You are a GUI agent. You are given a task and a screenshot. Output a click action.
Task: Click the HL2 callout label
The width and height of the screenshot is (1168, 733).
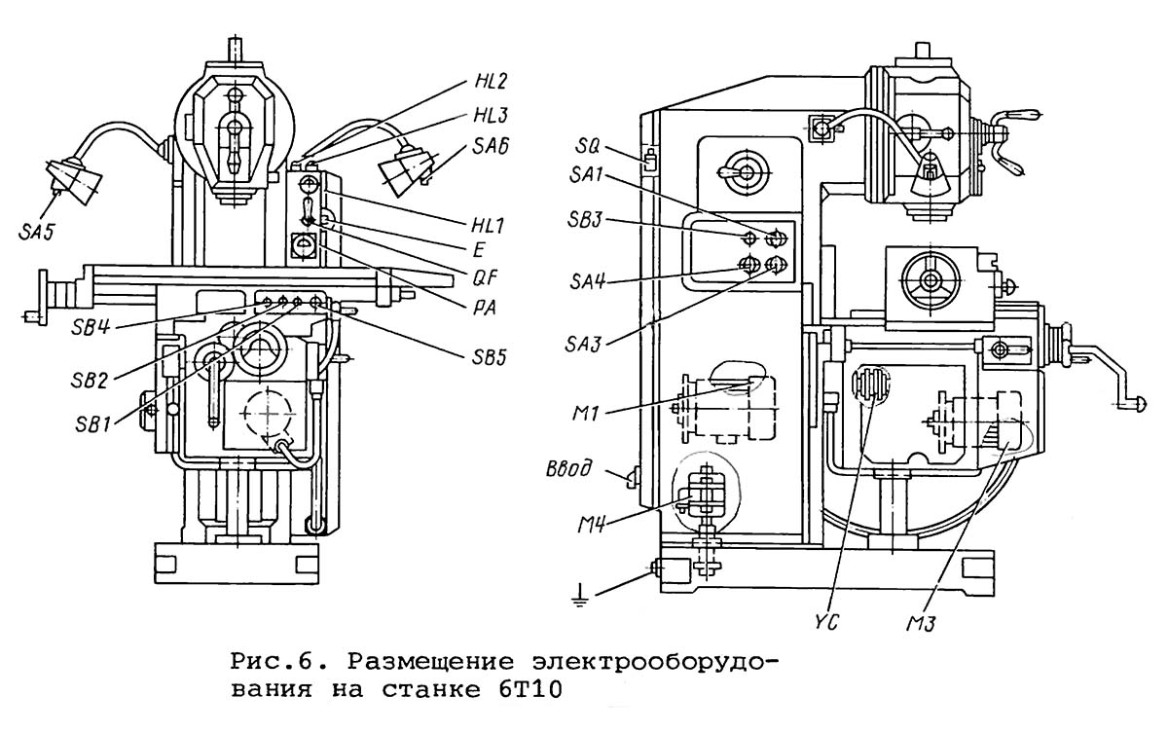click(491, 82)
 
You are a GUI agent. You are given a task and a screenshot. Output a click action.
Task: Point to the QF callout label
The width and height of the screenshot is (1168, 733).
click(485, 279)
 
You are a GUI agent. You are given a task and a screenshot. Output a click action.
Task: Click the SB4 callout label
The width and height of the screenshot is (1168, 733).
click(91, 328)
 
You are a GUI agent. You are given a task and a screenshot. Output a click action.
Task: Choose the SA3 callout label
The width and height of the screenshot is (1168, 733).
click(583, 344)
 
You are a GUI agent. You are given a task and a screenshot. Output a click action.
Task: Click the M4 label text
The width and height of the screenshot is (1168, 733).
click(591, 525)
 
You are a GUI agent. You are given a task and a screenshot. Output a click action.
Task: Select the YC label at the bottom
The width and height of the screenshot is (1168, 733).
click(825, 622)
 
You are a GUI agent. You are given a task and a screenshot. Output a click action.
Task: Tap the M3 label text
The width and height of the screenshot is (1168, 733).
click(921, 623)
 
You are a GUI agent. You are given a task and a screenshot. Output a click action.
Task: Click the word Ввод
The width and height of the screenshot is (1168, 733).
click(567, 468)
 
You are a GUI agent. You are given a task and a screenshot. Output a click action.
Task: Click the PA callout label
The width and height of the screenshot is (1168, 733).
click(485, 308)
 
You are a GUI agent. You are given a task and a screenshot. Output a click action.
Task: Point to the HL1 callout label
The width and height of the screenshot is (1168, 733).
click(488, 226)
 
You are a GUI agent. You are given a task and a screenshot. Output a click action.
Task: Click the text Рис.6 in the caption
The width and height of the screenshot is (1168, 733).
click(271, 663)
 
